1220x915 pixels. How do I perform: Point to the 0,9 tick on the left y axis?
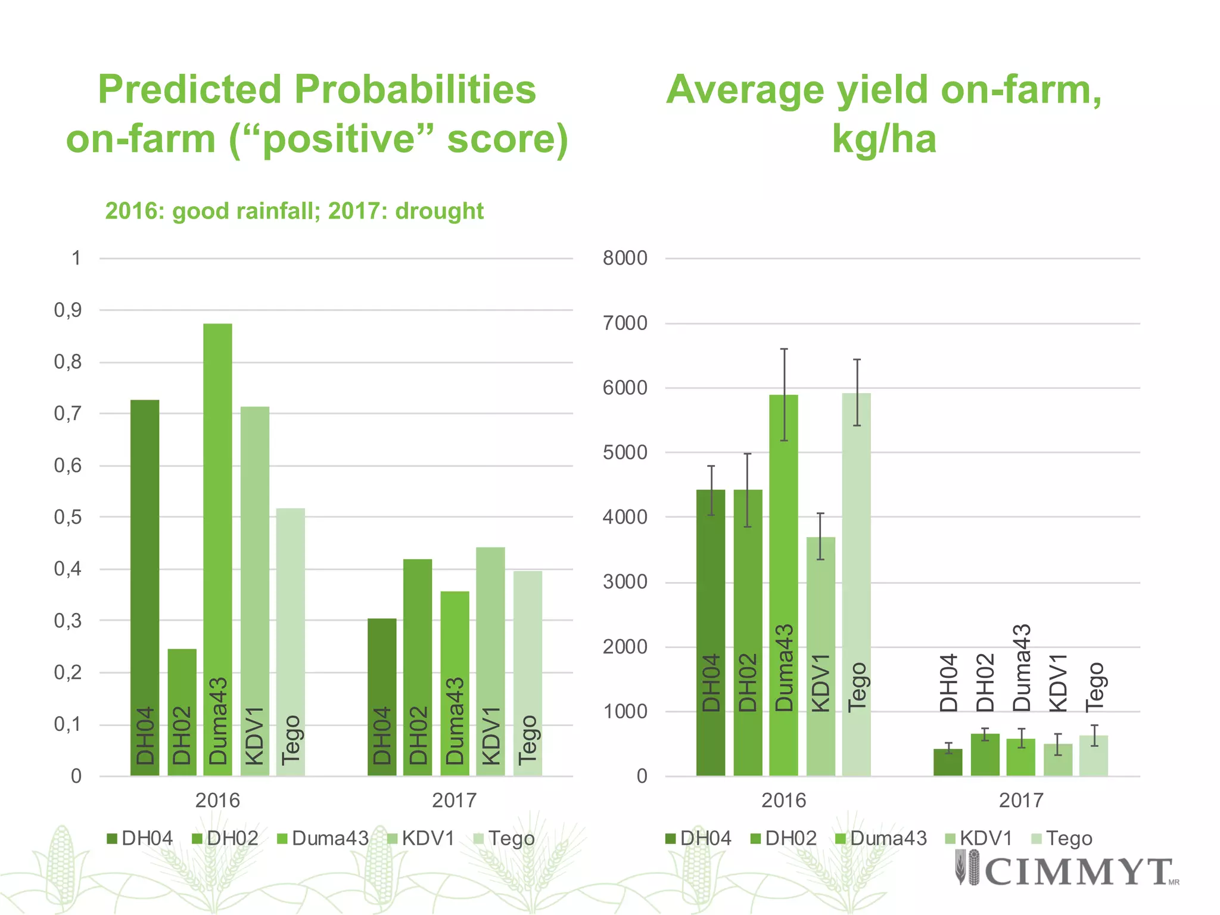(68, 310)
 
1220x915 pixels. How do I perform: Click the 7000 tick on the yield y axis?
(625, 323)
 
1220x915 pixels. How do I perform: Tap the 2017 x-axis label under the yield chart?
(1021, 800)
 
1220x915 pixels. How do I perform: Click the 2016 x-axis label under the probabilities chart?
(217, 800)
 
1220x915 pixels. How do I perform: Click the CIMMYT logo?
(1066, 870)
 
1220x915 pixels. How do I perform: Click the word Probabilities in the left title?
(415, 89)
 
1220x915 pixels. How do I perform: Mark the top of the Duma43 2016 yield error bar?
(784, 349)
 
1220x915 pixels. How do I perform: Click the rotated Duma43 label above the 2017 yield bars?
(1021, 668)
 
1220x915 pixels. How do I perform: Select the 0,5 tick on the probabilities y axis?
(68, 517)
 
